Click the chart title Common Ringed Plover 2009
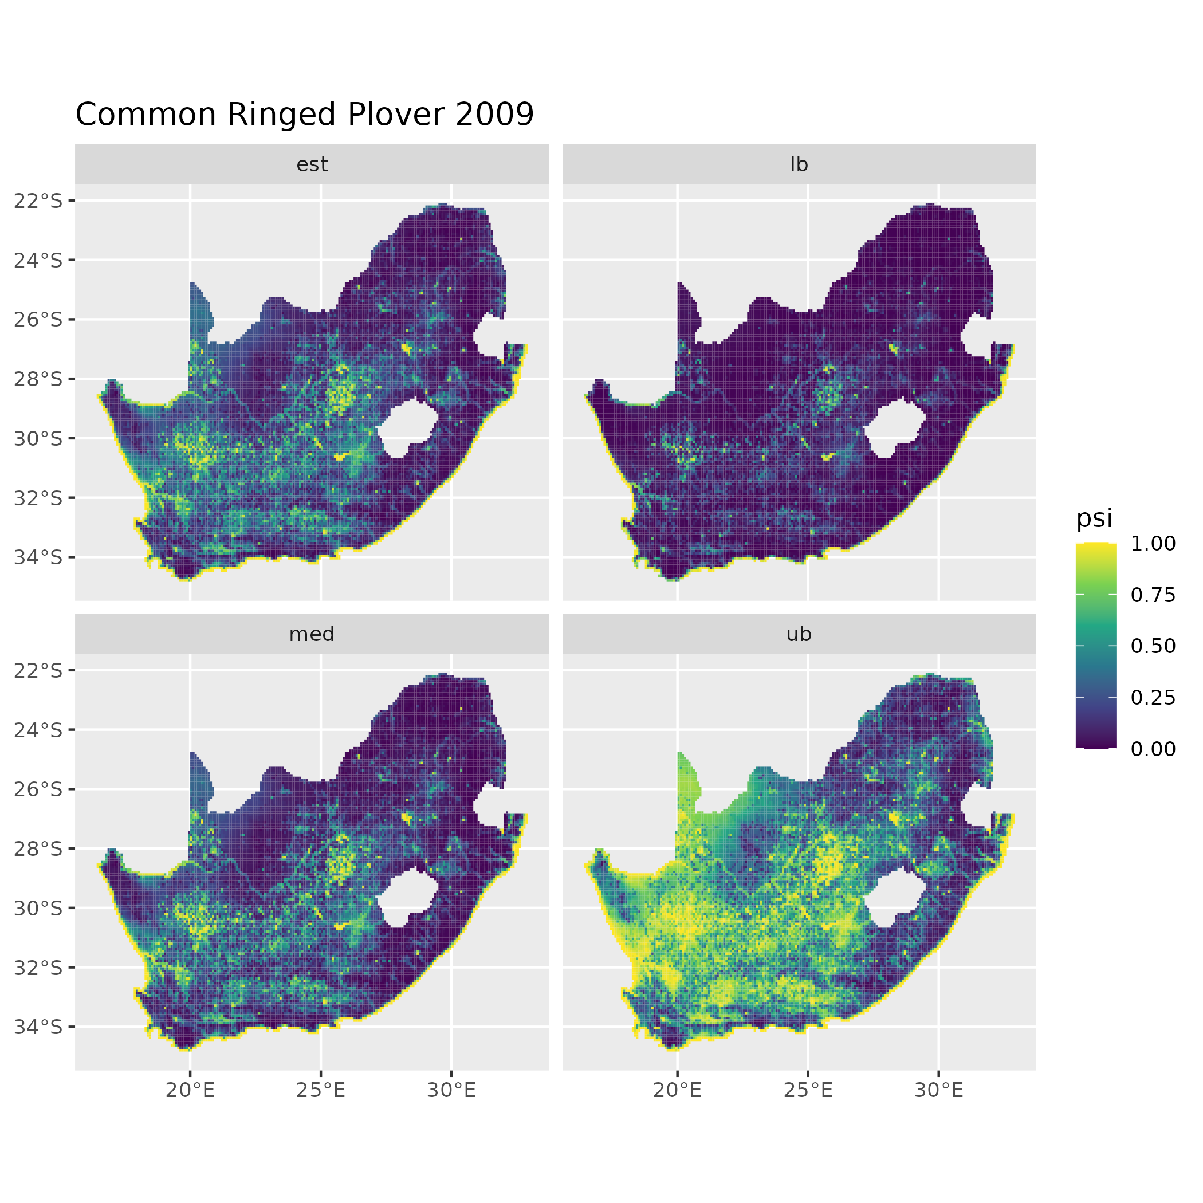coord(305,115)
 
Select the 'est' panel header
coord(312,164)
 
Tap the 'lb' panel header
coord(799,164)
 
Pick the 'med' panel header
coord(312,634)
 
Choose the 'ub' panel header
coord(799,634)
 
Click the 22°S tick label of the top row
coord(38,200)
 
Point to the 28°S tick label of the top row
coord(38,379)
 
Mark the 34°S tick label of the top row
coord(38,557)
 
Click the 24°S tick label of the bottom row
coord(38,730)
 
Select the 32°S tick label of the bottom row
coord(38,967)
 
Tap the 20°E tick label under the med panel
coord(190,1090)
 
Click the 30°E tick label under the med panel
coord(451,1090)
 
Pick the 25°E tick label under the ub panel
coord(808,1090)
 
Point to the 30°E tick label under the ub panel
coord(939,1090)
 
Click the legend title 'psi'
coord(1094,518)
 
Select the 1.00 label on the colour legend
coord(1153,544)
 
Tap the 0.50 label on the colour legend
coord(1153,646)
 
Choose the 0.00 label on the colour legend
coord(1153,749)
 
